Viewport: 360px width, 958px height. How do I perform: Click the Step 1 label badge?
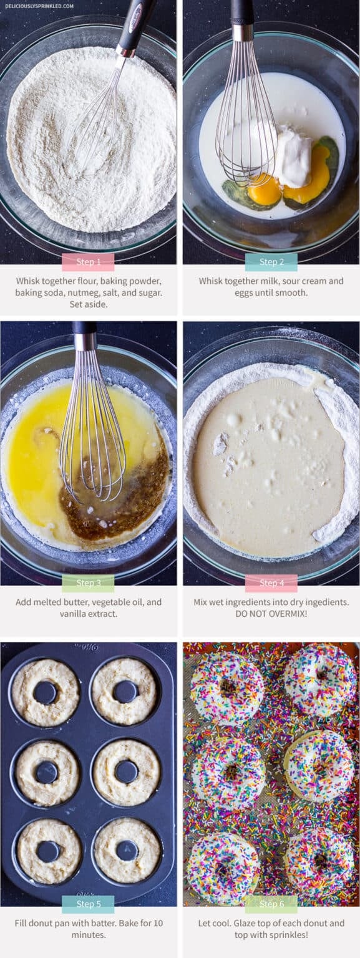tap(88, 262)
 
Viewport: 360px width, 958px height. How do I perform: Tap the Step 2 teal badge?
tap(271, 262)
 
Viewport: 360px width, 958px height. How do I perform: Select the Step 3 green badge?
tap(88, 583)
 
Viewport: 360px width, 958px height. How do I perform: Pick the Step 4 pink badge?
tap(271, 583)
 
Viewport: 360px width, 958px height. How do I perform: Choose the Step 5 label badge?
tap(88, 904)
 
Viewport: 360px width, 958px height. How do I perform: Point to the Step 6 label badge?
tap(271, 904)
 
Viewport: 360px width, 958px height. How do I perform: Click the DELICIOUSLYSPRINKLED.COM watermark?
tap(39, 6)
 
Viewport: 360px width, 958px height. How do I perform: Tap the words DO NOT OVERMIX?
tap(271, 614)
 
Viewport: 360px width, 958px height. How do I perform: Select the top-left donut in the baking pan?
tap(46, 692)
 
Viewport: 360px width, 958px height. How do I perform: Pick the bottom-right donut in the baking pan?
tap(127, 850)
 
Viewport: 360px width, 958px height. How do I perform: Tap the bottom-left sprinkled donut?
tap(223, 868)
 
